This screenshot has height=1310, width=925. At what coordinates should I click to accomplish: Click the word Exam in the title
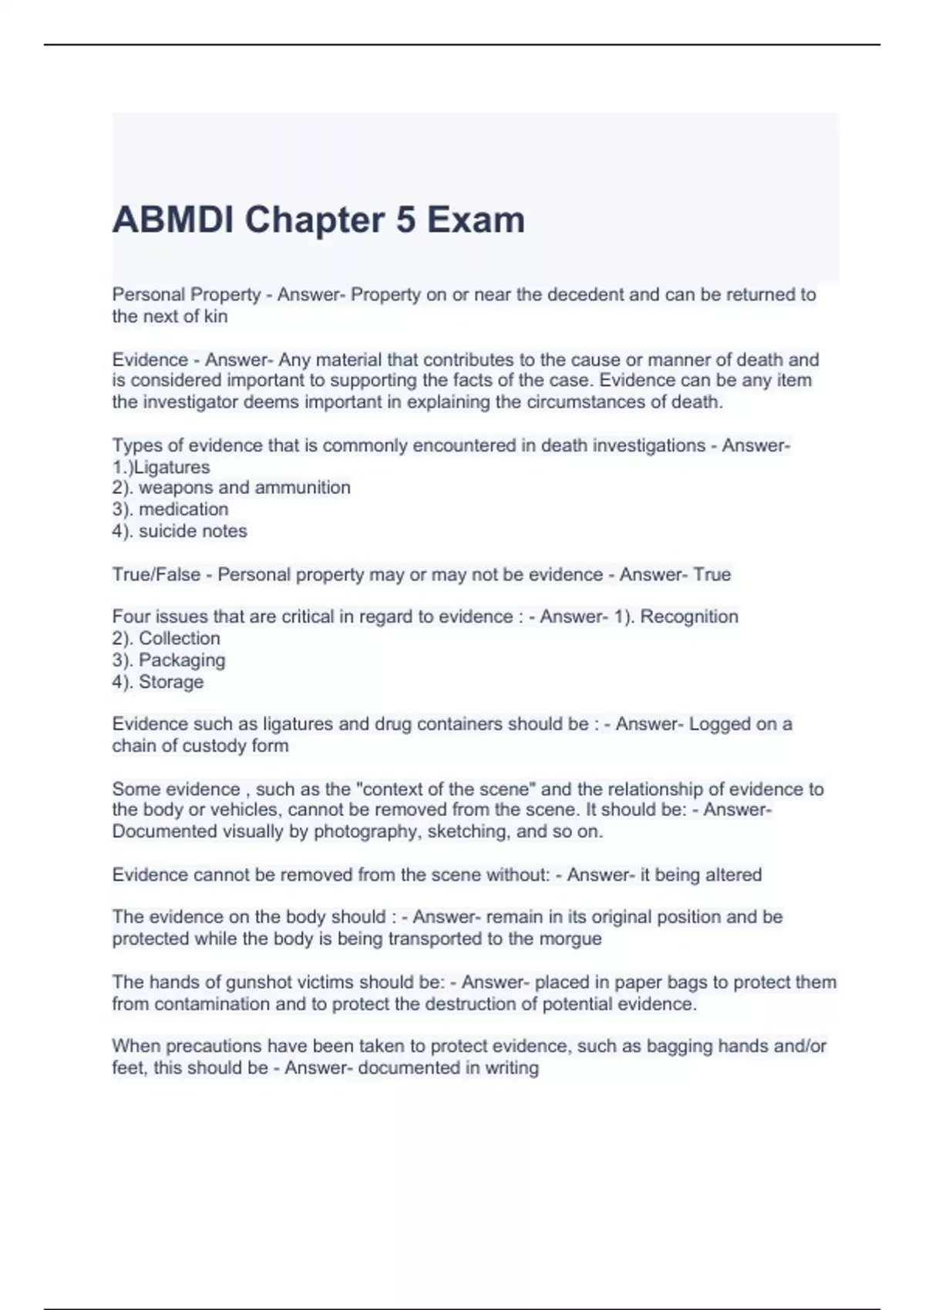click(476, 220)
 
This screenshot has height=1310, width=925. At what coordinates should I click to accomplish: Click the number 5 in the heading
click(405, 220)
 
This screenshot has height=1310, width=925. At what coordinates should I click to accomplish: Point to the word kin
click(216, 316)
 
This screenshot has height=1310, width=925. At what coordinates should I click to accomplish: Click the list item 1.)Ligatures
click(160, 467)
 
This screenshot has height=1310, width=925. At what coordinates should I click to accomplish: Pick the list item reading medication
click(183, 509)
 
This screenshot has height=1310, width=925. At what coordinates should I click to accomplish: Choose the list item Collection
click(179, 638)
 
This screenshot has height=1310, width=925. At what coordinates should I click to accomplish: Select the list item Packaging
click(182, 660)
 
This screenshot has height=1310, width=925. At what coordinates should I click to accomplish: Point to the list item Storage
click(171, 682)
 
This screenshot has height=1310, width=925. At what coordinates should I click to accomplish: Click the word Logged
click(719, 724)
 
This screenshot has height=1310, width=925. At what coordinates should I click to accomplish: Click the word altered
click(733, 875)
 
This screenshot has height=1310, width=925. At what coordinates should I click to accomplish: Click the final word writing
click(512, 1068)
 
